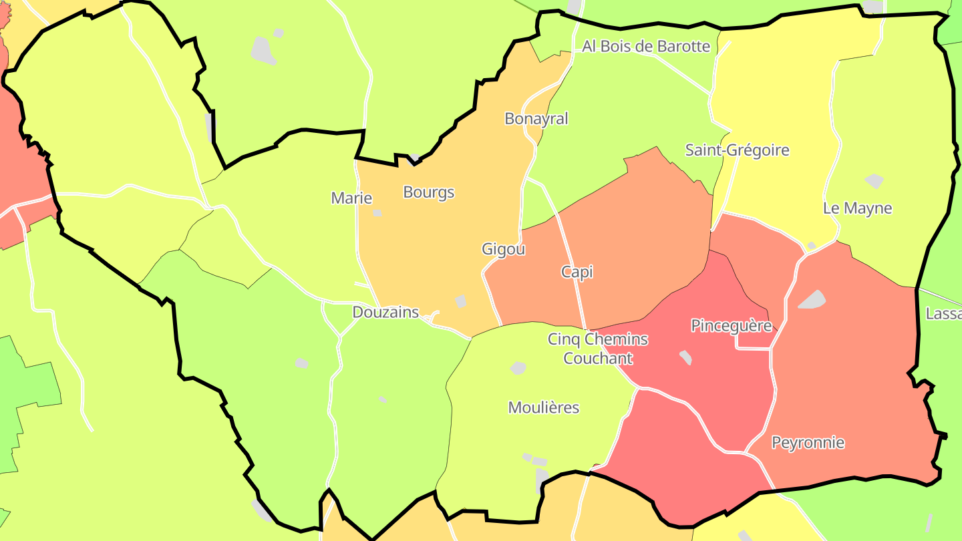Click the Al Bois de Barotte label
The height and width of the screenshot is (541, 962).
tap(646, 46)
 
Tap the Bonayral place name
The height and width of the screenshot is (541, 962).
tap(536, 119)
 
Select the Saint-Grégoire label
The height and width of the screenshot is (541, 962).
tap(737, 150)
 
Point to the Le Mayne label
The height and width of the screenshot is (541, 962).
tap(857, 208)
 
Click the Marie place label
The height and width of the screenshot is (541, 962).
tap(351, 198)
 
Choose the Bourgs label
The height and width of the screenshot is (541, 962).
tap(428, 192)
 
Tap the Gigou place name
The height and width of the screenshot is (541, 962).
tap(503, 250)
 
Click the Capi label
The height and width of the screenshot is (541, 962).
tap(577, 272)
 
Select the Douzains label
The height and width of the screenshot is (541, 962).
tap(385, 312)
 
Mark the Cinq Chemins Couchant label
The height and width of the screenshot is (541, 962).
tap(598, 349)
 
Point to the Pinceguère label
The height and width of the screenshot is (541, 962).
tap(732, 326)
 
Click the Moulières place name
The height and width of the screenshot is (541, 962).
tap(543, 407)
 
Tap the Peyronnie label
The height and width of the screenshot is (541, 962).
tap(808, 443)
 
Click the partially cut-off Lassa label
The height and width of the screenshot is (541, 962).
tap(943, 314)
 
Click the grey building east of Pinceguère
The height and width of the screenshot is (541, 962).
tap(812, 299)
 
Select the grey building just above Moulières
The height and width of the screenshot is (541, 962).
tap(518, 368)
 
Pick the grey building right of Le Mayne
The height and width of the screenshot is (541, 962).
tap(874, 181)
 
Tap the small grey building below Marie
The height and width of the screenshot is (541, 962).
tap(377, 213)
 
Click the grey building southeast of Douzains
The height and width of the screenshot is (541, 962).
tap(460, 301)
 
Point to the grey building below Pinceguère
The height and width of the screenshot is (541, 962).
tap(685, 357)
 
